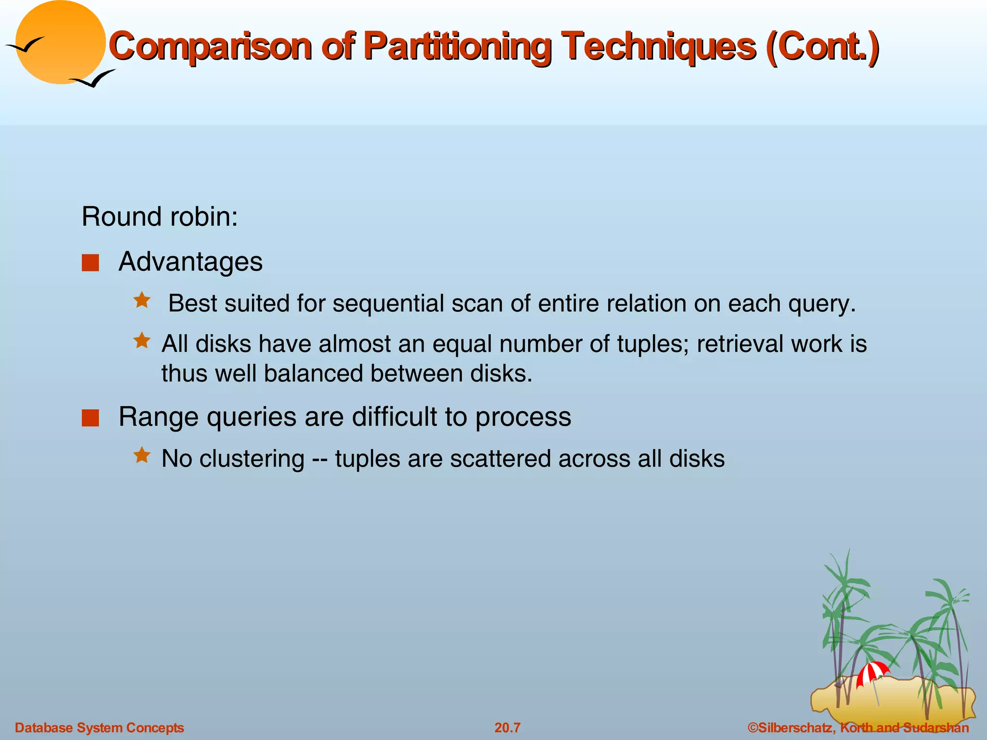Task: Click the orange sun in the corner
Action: [60, 42]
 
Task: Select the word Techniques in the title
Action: [660, 47]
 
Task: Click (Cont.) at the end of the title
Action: [822, 47]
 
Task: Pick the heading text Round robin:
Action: [160, 217]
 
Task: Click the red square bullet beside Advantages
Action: [90, 263]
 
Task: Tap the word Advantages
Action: [190, 262]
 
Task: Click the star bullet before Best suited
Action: [142, 301]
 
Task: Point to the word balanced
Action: [313, 373]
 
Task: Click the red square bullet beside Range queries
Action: [90, 418]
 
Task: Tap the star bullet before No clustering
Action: [142, 455]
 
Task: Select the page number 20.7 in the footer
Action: [507, 727]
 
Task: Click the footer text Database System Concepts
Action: [99, 727]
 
